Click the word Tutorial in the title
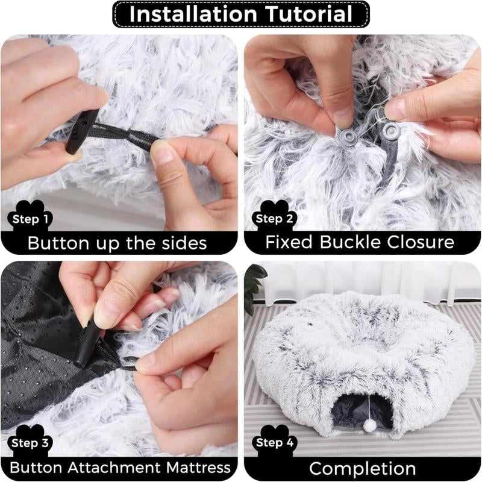click(301, 14)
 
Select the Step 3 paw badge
click(30, 444)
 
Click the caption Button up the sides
click(117, 243)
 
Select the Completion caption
click(361, 468)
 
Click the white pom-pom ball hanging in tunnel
click(370, 425)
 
